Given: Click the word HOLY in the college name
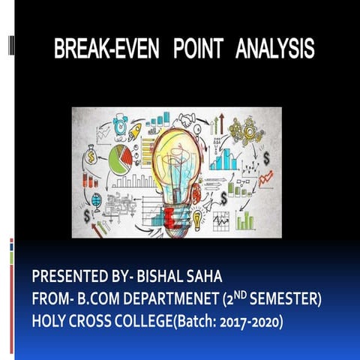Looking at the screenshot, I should point(50,322).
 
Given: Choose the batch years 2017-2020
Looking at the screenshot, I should point(252,322).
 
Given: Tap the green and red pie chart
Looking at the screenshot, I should point(119,158).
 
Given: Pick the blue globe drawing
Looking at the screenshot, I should point(96,200).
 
